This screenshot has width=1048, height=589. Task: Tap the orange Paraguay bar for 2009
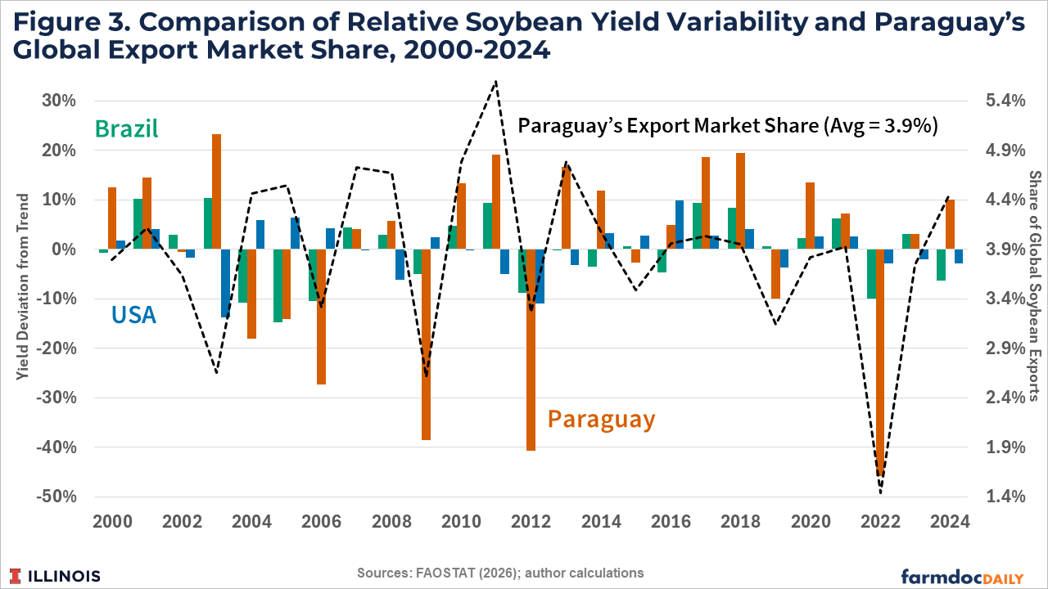click(426, 344)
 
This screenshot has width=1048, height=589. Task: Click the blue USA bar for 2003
click(226, 283)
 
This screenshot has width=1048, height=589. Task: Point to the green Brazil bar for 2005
click(278, 286)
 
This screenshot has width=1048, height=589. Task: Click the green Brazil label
click(126, 128)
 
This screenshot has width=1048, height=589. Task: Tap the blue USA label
click(133, 314)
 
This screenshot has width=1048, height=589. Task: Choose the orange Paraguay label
click(601, 419)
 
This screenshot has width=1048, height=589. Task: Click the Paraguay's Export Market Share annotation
click(728, 126)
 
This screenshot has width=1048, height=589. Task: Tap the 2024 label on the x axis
click(950, 522)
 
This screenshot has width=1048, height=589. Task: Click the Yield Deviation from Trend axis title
click(22, 286)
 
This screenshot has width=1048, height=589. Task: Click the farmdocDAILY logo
click(962, 575)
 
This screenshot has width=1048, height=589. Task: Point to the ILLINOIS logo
click(55, 575)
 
